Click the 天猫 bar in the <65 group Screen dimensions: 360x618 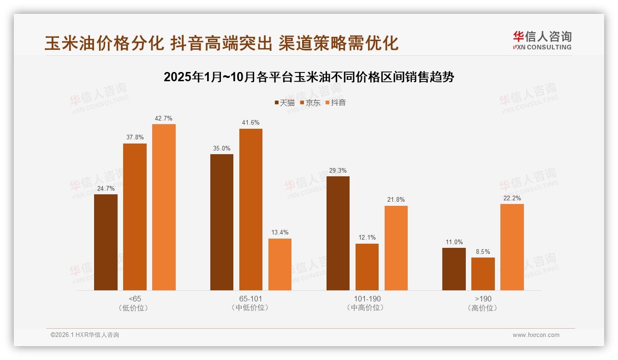coord(106,242)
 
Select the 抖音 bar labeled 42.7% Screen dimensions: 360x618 coord(164,207)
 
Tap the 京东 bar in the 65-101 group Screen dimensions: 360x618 coord(250,210)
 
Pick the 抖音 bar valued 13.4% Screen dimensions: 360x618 coord(279,264)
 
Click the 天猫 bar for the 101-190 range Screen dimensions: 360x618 coord(338,233)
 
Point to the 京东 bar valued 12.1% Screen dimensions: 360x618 coord(367,267)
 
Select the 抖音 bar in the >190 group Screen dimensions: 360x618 coord(512,247)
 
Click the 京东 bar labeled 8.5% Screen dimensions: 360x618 coord(483,274)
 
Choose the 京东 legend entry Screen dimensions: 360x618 coord(310,102)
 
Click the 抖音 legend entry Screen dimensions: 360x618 coord(335,102)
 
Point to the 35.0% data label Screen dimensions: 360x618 coord(221,148)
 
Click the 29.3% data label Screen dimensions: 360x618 coord(338,170)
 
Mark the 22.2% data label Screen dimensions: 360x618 coord(512,198)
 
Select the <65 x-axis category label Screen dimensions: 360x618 coord(135,299)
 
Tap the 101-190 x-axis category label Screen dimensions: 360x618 coord(367,299)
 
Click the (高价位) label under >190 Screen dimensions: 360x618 coord(483,308)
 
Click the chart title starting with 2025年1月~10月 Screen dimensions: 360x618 coord(309,77)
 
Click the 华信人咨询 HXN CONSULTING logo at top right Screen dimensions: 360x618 coord(542,40)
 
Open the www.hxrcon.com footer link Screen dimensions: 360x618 coord(535,335)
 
